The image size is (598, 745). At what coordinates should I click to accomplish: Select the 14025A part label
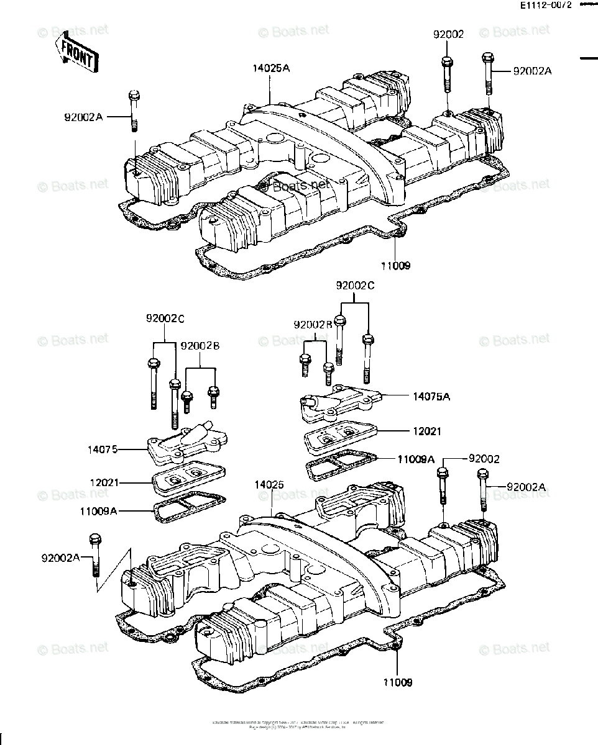(271, 68)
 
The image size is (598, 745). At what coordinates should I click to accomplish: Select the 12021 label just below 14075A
(423, 431)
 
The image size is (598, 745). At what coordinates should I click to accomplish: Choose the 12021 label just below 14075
(104, 482)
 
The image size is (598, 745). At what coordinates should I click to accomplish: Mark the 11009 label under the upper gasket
(396, 265)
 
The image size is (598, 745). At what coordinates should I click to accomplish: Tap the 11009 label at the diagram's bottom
(397, 682)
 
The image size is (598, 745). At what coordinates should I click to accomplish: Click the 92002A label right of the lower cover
(526, 487)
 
